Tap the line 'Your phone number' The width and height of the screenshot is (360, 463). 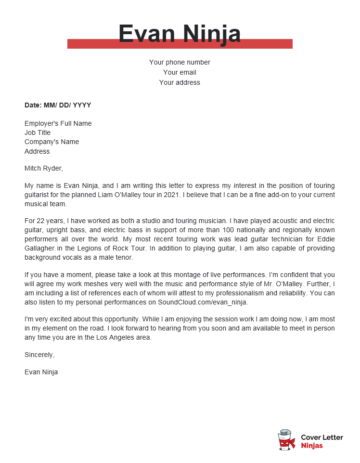tap(179, 62)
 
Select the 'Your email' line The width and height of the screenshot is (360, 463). tap(179, 72)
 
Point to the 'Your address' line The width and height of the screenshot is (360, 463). tap(179, 82)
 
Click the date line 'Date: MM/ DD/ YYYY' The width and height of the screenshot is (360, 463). tap(58, 104)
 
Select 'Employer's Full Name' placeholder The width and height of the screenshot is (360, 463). tap(59, 125)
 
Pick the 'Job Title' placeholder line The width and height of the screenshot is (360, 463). tap(40, 134)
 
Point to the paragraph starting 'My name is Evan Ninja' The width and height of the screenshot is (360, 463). tap(179, 195)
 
